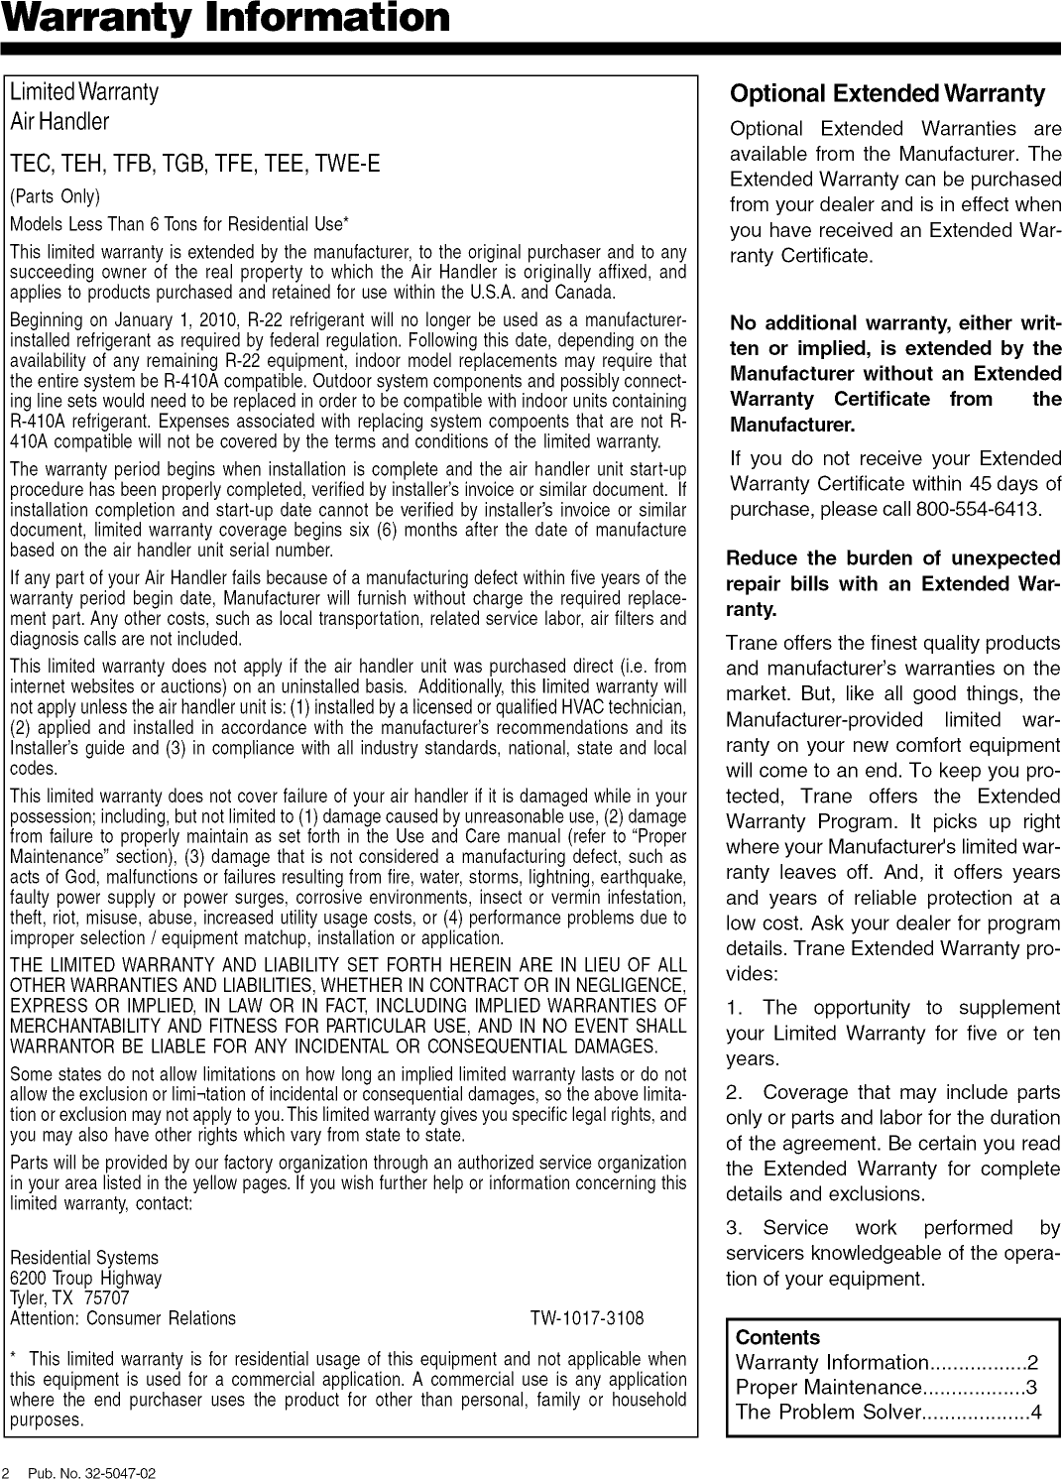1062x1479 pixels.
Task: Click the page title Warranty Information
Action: pos(225,18)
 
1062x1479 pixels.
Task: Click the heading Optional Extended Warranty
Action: pos(886,94)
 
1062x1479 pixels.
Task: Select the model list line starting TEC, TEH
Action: pos(194,164)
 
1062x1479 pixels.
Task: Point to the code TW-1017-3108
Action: pos(586,1318)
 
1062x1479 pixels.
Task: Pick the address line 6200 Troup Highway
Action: pos(85,1279)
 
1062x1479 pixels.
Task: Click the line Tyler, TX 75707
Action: pos(69,1298)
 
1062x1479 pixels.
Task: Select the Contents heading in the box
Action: pos(777,1337)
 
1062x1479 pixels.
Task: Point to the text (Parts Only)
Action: pos(56,195)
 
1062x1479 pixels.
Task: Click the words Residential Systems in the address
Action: pos(83,1259)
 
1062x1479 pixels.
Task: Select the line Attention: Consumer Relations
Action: pos(123,1318)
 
